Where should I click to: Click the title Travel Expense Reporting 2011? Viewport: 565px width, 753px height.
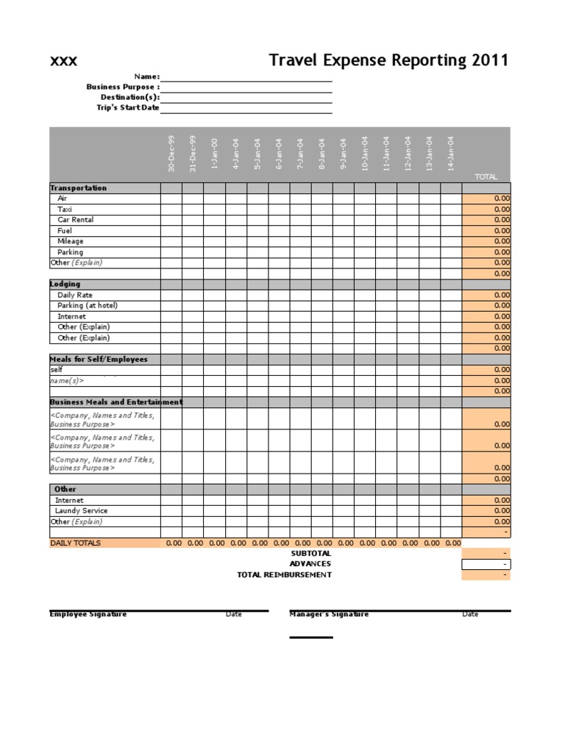388,60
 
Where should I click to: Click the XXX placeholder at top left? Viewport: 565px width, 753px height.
63,61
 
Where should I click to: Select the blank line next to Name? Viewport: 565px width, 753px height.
246,76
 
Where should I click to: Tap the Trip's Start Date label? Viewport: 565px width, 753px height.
127,108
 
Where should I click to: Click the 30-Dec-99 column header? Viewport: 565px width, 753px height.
171,154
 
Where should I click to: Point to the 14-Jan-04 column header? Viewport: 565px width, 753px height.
451,154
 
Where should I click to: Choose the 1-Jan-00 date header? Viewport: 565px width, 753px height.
214,155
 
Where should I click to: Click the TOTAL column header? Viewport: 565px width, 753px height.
486,177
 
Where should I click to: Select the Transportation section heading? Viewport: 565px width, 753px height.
78,188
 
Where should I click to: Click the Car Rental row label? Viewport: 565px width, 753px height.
75,220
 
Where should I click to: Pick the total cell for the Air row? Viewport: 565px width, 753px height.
486,199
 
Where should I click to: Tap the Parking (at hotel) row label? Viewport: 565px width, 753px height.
87,305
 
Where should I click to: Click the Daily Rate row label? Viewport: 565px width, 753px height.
75,295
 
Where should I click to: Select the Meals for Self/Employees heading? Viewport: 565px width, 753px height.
99,360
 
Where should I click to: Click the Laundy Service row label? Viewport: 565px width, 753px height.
81,510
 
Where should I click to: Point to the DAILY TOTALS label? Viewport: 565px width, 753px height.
75,543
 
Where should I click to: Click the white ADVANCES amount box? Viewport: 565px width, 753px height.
486,564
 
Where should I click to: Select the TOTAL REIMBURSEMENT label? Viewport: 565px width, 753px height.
284,574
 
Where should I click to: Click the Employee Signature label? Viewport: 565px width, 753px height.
88,614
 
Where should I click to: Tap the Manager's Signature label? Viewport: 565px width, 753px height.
329,614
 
